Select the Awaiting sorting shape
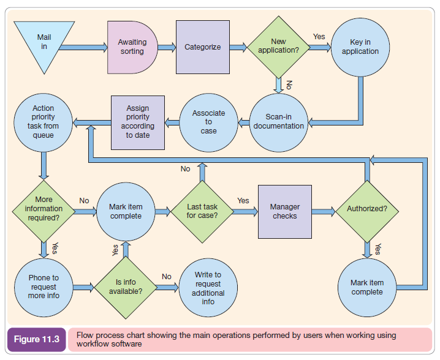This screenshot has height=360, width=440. [132, 47]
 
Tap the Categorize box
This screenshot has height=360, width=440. [203, 47]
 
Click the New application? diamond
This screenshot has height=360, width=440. [278, 47]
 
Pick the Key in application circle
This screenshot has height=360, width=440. [360, 47]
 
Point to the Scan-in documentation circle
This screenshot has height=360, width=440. [279, 122]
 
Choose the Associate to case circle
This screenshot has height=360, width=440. [208, 122]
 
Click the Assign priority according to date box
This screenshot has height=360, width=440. [138, 122]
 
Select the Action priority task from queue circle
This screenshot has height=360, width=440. [44, 122]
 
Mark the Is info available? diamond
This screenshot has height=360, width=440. [125, 287]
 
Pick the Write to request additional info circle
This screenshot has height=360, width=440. [208, 288]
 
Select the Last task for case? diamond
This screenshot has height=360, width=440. [202, 211]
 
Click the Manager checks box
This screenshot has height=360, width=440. [285, 211]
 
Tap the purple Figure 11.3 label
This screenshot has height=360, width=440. [36, 340]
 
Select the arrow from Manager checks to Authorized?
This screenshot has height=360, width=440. [324, 211]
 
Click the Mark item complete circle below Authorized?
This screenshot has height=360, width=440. [367, 287]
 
